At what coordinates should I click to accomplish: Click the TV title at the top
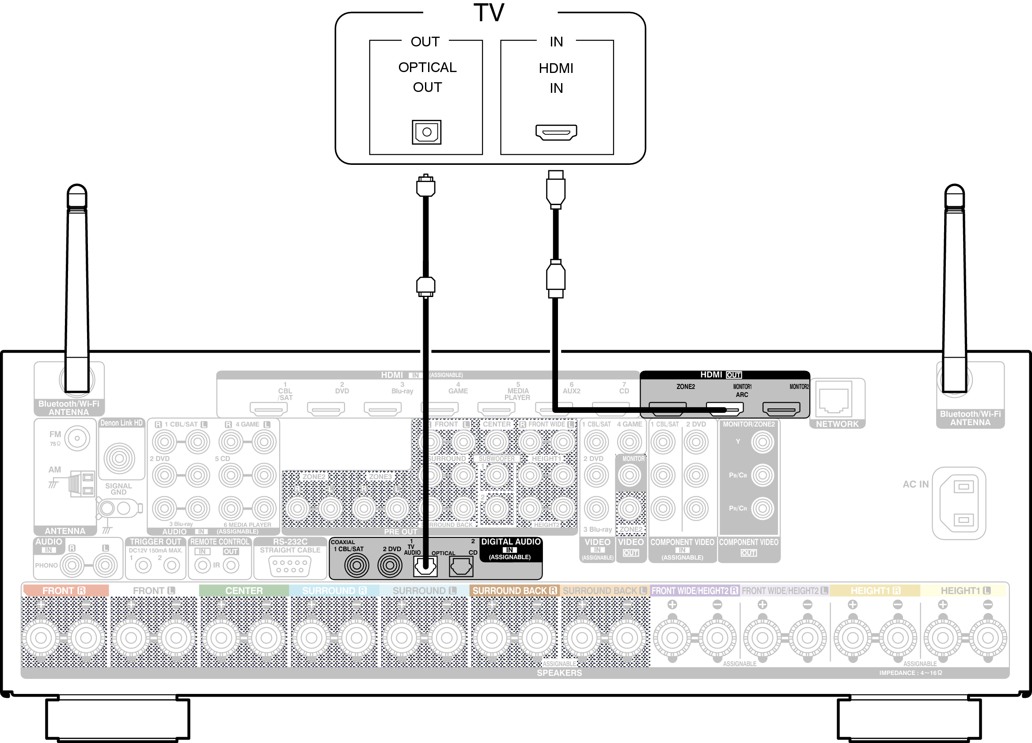tap(489, 13)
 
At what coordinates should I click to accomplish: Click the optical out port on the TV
tap(426, 132)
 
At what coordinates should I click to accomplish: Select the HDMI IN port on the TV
tap(556, 132)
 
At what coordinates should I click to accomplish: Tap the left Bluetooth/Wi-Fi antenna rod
tap(77, 291)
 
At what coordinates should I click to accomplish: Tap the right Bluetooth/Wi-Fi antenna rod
tap(954, 291)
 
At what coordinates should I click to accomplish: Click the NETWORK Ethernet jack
tap(834, 399)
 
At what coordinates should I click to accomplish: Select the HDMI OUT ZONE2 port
tap(667, 408)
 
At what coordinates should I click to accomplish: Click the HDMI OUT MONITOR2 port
tap(781, 408)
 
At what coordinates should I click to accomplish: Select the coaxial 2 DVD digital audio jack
tap(390, 565)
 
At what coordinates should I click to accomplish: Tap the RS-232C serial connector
tap(290, 566)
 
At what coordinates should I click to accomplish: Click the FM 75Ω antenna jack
tap(77, 438)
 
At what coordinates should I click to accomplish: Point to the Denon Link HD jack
tap(119, 458)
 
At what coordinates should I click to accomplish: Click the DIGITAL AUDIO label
tap(511, 542)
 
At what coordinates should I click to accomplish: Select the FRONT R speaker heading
tap(64, 591)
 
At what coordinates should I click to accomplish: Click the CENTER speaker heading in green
tap(244, 591)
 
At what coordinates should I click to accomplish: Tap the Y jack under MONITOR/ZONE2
tap(762, 442)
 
